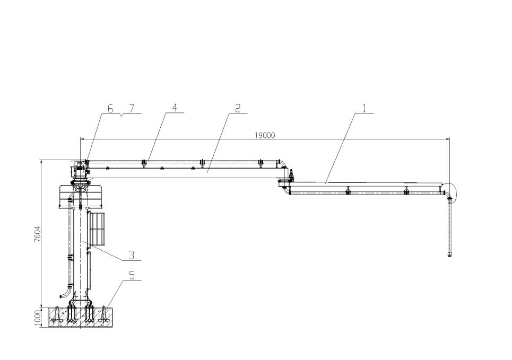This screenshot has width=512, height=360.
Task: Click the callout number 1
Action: tap(365, 108)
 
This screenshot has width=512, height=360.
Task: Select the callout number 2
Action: tap(238, 108)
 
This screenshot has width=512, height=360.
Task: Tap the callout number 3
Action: tap(131, 255)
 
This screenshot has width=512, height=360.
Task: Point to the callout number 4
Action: tap(175, 108)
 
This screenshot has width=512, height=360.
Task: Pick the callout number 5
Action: tap(132, 276)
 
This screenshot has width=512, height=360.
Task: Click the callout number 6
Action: tap(110, 109)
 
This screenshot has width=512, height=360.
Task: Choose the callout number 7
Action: tap(131, 109)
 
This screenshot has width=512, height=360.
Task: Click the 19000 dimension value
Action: tap(265, 135)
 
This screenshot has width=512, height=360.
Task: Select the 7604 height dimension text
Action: tap(38, 234)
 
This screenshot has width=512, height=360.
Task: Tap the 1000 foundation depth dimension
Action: tap(38, 318)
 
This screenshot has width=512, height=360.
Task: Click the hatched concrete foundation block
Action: tap(80, 317)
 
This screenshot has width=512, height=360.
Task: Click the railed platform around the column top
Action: tap(81, 197)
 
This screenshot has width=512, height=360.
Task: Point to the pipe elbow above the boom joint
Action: tap(283, 164)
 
